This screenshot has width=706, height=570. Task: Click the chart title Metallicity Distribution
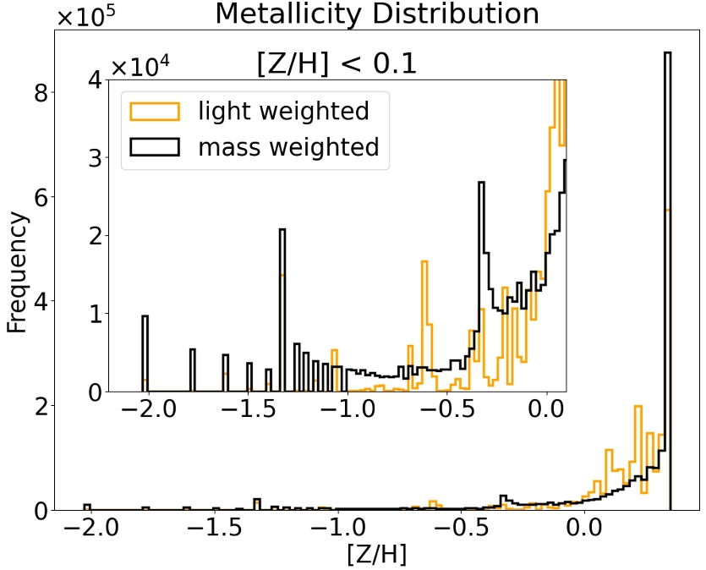376,14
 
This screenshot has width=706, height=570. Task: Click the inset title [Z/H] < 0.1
337,63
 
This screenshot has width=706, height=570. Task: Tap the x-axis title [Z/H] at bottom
376,555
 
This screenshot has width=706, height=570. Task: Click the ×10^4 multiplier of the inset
140,65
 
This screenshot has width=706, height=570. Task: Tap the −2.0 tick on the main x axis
87,531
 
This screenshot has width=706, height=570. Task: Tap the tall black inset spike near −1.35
282,309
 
